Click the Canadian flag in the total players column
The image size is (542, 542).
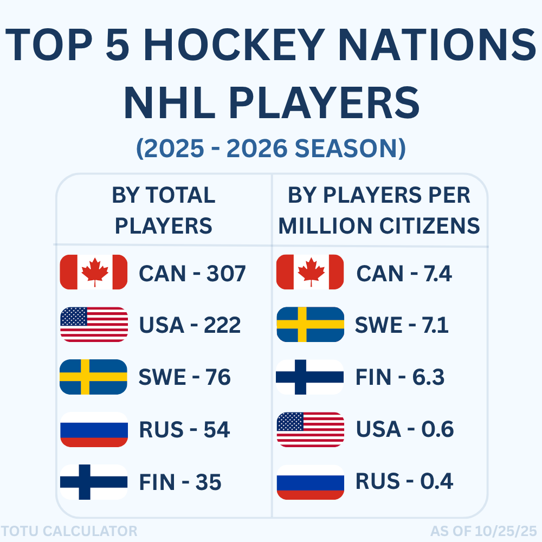[x=93, y=272]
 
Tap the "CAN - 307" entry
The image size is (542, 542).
[x=192, y=274]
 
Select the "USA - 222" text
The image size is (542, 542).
[x=190, y=325]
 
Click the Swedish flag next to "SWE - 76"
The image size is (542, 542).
[x=93, y=377]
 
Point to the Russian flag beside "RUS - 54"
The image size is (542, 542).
[x=93, y=429]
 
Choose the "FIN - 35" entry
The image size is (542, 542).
[x=180, y=482]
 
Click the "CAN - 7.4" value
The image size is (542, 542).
[x=404, y=274]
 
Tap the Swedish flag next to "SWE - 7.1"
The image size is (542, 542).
[x=310, y=325]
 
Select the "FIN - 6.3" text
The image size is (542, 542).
[x=400, y=377]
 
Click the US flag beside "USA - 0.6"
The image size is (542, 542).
[x=310, y=429]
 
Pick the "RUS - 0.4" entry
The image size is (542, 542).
[x=404, y=481]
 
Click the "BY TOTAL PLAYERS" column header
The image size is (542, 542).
[x=164, y=210]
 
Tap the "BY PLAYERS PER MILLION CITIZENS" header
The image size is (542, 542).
[x=379, y=210]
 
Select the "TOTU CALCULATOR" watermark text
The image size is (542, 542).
[x=69, y=531]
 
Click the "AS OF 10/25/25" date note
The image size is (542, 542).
[x=483, y=531]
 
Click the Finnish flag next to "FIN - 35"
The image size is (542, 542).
[x=93, y=482]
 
